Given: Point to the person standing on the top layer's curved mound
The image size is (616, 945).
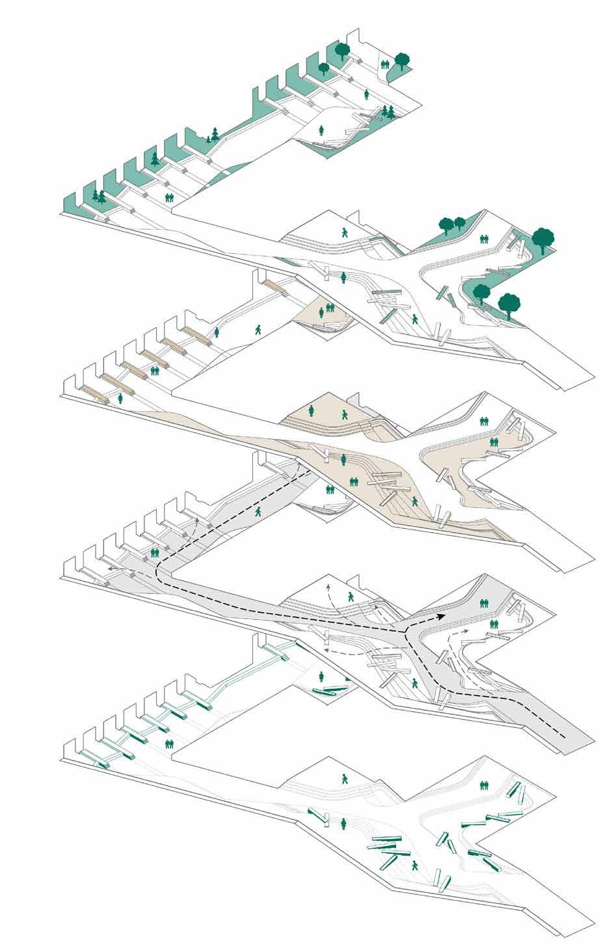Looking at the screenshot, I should [321, 130].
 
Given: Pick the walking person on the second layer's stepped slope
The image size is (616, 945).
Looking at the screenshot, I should [344, 231].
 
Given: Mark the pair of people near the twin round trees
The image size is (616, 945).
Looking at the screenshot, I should [483, 239].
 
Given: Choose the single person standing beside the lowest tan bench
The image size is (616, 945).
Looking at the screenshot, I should [121, 399].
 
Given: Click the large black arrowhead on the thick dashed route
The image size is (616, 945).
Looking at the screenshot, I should [441, 617].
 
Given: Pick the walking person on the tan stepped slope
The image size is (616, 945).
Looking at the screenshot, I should [344, 414].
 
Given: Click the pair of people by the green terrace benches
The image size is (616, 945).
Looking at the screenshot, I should [170, 743].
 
